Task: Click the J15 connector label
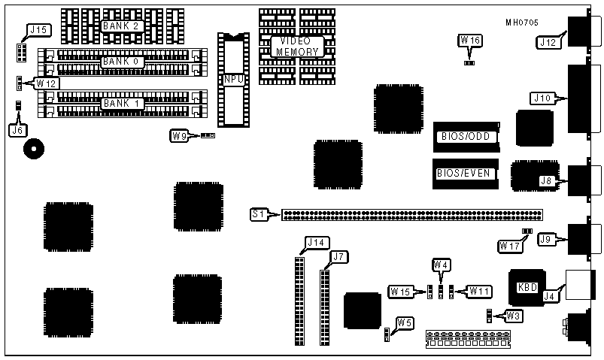pyautogui.click(x=37, y=31)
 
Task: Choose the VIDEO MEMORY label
pyautogui.click(x=297, y=46)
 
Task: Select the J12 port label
pyautogui.click(x=549, y=43)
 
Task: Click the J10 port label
pyautogui.click(x=543, y=98)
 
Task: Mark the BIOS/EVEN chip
pyautogui.click(x=464, y=174)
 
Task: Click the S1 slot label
pyautogui.click(x=259, y=215)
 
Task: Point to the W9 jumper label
pyautogui.click(x=179, y=136)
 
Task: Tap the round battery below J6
pyautogui.click(x=33, y=149)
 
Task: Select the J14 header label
pyautogui.click(x=314, y=243)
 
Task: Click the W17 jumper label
pyautogui.click(x=508, y=245)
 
